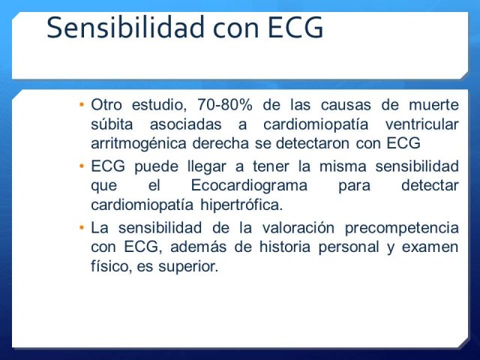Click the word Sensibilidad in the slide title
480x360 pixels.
125,27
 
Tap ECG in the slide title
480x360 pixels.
295,28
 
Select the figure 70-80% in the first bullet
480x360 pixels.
225,105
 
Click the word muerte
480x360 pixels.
433,105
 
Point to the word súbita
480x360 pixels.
112,124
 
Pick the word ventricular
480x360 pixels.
421,124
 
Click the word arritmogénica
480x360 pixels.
139,144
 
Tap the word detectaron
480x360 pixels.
313,143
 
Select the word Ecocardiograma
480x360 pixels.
249,185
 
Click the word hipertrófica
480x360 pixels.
241,205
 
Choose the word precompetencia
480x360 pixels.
402,228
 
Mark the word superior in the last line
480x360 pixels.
188,266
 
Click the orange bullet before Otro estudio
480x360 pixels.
82,105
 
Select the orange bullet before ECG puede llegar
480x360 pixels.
82,166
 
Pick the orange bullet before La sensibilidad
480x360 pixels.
82,228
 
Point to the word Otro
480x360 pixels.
106,105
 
